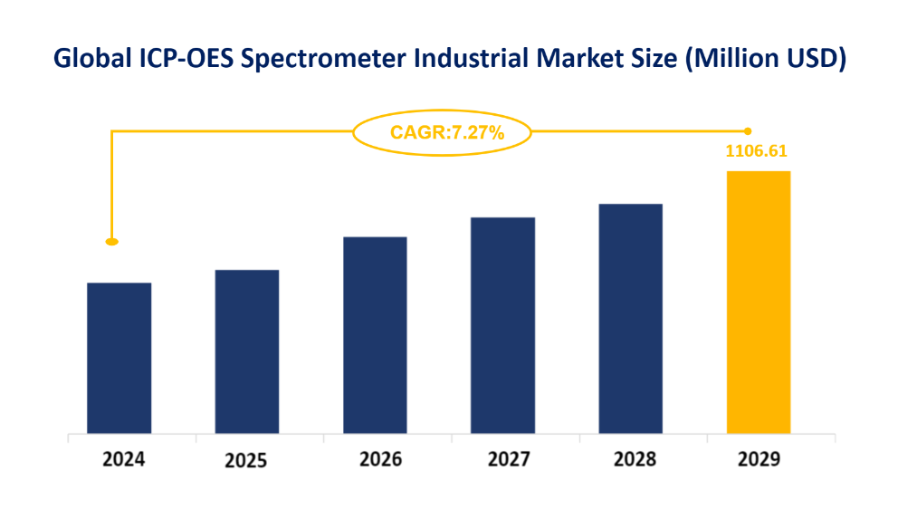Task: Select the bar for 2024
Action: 119,358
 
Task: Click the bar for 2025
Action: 246,351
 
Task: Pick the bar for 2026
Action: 375,335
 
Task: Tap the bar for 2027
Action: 502,325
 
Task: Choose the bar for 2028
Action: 631,318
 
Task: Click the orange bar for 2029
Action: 759,302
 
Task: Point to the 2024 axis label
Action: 123,459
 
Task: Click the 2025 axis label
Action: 245,461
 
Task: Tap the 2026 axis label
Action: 380,459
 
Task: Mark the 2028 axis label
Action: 635,459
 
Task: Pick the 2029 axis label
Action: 759,459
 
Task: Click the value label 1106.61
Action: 756,151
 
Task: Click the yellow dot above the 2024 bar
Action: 111,242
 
